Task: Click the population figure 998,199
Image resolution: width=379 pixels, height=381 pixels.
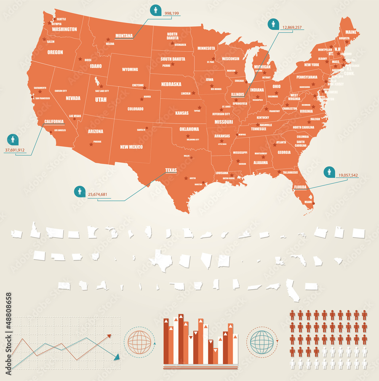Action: [x=171, y=13]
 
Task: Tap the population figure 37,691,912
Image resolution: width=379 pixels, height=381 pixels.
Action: [x=14, y=150]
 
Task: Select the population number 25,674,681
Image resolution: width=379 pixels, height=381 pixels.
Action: [x=98, y=195]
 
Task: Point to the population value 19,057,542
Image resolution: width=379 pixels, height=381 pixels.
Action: [x=348, y=176]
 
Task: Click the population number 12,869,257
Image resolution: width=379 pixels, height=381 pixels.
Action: [x=292, y=27]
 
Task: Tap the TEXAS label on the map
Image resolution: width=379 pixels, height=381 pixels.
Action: [x=171, y=170]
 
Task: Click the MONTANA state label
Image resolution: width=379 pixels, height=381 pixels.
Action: [x=124, y=36]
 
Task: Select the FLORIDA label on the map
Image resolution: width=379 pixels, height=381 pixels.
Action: [x=301, y=187]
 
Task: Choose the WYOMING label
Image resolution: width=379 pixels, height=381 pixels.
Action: [x=130, y=70]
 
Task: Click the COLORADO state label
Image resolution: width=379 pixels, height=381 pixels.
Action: [x=135, y=109]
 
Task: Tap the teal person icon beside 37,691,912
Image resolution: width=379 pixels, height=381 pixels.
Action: [x=13, y=139]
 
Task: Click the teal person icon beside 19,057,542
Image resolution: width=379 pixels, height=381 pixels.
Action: [x=329, y=172]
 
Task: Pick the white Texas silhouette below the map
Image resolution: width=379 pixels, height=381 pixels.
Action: [x=160, y=261]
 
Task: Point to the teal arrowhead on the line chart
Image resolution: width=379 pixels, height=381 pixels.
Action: [x=117, y=357]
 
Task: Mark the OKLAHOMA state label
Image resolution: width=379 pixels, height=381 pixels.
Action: [x=189, y=129]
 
